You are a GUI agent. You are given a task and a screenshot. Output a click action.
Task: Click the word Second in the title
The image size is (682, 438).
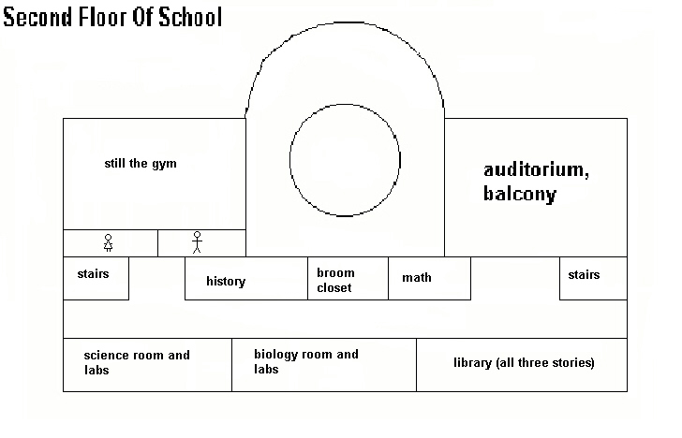[37, 18]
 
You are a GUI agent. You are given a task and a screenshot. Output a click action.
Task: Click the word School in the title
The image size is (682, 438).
[190, 18]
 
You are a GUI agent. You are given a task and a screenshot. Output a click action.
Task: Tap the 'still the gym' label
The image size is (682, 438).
[141, 164]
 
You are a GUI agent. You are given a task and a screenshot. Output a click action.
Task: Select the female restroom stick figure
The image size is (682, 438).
[109, 243]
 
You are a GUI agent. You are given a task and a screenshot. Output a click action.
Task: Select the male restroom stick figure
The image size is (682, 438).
[197, 242]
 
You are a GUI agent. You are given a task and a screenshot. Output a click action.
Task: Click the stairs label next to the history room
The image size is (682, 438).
[93, 273]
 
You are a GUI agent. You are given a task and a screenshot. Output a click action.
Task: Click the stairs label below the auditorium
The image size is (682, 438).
[584, 274]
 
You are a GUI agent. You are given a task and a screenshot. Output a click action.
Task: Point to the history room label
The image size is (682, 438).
[226, 281]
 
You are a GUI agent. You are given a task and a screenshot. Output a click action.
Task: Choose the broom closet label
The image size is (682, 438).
[335, 280]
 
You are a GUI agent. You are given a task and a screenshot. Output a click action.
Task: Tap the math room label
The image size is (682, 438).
[417, 277]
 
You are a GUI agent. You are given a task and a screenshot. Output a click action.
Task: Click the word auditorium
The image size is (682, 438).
[536, 170]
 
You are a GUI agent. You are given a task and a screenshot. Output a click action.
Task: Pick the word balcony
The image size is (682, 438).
[520, 194]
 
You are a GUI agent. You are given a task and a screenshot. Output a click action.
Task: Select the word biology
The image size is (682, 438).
[275, 355]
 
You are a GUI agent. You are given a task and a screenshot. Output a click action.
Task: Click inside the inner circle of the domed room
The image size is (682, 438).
[345, 160]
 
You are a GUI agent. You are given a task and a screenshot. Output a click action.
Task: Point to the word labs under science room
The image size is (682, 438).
[96, 370]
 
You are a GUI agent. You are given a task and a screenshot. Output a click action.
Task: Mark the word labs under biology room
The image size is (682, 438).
[266, 369]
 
